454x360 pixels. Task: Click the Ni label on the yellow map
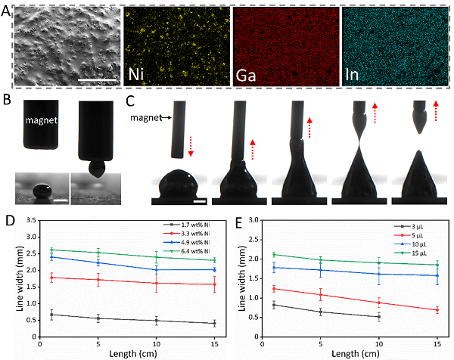point(137,74)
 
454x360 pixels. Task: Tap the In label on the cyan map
point(355,74)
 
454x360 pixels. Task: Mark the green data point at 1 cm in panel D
point(51,250)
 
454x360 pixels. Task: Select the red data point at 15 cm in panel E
point(436,310)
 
